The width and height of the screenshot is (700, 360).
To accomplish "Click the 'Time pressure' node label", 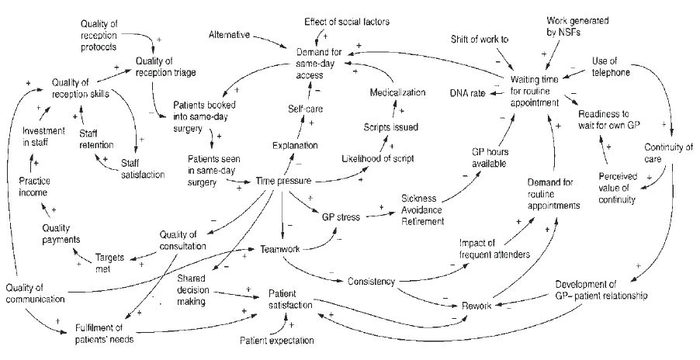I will (x=284, y=182).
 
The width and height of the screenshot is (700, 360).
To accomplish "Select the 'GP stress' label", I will (x=341, y=217).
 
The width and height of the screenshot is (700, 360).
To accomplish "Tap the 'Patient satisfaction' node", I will (x=290, y=300).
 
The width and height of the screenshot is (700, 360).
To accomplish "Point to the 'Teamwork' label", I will (x=279, y=249).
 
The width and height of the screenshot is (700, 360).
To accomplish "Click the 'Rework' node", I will (x=476, y=306).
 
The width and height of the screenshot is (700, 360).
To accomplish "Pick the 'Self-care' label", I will (x=305, y=109).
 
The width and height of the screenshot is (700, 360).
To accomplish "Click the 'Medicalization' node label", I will (x=397, y=93).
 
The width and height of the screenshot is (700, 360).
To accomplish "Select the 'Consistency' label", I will (x=372, y=280).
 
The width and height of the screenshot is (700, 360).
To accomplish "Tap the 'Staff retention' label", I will (x=96, y=138).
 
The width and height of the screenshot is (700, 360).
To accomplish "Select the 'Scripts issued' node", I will (x=391, y=126).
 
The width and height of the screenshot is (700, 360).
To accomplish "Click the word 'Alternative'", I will (x=234, y=35).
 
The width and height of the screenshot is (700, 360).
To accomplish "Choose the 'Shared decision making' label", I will (x=189, y=289).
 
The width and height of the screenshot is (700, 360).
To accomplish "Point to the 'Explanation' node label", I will (x=295, y=145).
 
